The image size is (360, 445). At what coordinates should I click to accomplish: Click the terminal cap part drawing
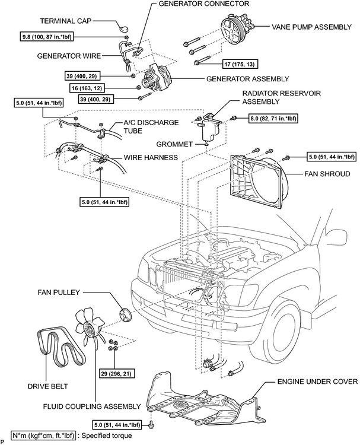click(x=123, y=28)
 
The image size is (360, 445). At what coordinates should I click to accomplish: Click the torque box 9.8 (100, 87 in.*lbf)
click(x=46, y=37)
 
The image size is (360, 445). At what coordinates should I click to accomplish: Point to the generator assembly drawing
click(x=157, y=79)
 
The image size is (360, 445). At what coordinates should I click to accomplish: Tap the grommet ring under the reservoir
click(x=206, y=144)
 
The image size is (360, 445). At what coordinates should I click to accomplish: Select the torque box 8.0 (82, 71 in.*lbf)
click(x=273, y=118)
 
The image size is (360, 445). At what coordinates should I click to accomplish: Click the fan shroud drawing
click(x=258, y=182)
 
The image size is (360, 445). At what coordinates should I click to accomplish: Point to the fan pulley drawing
click(x=125, y=315)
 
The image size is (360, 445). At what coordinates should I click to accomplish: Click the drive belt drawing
click(x=60, y=347)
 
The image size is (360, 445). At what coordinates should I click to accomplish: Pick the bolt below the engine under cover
click(x=151, y=425)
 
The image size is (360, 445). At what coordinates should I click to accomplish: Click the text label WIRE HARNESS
click(x=151, y=157)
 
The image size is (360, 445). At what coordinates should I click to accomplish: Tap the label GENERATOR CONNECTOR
click(x=203, y=4)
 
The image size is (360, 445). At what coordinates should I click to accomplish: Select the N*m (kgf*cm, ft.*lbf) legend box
click(x=43, y=436)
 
